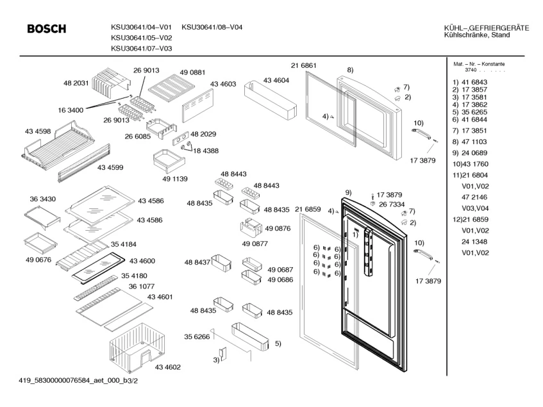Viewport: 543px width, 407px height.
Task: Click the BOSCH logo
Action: pos(47,29)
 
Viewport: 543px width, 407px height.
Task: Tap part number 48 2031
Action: pos(76,83)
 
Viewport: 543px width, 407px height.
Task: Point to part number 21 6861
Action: pos(303,66)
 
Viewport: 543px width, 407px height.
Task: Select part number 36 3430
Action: pos(43,199)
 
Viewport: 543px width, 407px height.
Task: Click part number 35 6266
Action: pos(197,336)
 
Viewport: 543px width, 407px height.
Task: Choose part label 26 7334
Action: pos(391,204)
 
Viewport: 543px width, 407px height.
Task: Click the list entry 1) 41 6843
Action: pos(470,82)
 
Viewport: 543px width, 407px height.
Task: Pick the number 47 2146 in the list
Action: pos(474,199)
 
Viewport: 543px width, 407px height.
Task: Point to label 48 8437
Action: pos(197,263)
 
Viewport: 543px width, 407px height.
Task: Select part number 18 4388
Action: pos(206,150)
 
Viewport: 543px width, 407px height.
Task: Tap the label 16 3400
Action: pos(71,110)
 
